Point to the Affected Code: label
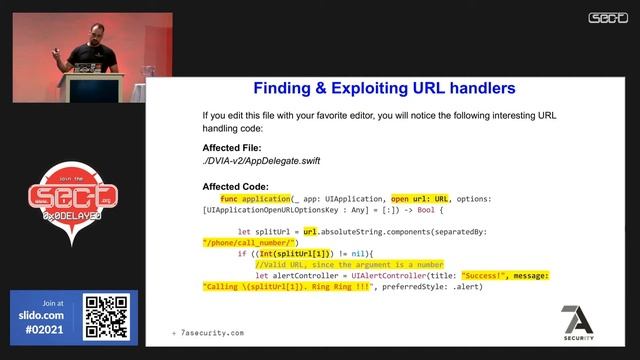[235, 186]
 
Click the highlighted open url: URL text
[420, 199]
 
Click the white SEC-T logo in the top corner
[607, 17]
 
